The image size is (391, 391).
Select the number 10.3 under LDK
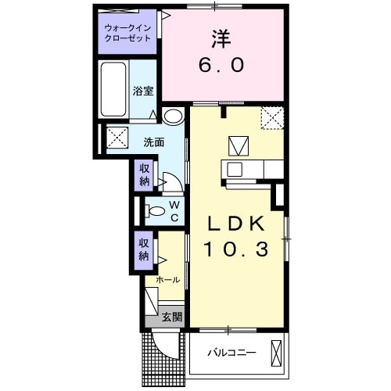[238, 251]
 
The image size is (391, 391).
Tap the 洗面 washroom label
[152, 142]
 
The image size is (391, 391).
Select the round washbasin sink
[174, 117]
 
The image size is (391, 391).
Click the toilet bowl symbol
[156, 210]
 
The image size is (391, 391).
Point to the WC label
[174, 210]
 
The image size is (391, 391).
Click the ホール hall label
[167, 279]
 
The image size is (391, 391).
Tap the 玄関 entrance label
[172, 317]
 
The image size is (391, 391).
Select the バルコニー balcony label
[231, 353]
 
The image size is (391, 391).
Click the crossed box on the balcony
[276, 354]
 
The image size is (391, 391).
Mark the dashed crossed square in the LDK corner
[272, 118]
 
